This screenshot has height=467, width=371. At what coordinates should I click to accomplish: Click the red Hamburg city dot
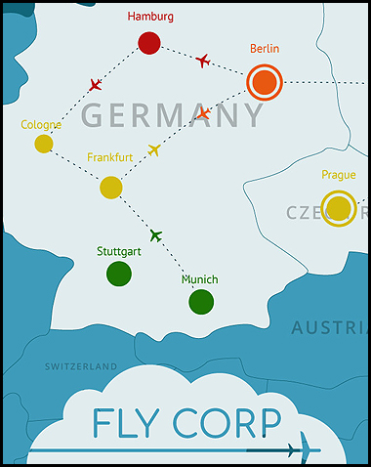tap(148, 43)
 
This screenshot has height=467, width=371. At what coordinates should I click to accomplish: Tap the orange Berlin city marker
tap(264, 82)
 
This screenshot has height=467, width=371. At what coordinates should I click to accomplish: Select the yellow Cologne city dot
tap(44, 144)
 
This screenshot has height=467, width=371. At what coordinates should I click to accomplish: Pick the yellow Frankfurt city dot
tap(111, 187)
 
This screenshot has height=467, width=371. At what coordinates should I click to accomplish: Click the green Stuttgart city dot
tap(119, 273)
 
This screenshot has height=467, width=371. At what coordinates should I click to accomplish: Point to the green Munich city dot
tap(201, 302)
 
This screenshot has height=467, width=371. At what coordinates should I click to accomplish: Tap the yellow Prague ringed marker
tap(339, 208)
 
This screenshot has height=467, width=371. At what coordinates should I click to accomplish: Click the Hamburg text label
tap(150, 17)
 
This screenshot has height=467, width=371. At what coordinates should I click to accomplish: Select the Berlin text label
tap(264, 48)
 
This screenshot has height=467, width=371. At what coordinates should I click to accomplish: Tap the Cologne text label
tap(41, 125)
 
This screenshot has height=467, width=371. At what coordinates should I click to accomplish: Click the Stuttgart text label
tap(119, 251)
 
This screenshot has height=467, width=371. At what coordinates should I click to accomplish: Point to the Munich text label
tap(199, 279)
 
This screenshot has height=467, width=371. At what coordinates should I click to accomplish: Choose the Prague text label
tap(338, 176)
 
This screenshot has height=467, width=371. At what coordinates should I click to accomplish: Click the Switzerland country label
tap(81, 366)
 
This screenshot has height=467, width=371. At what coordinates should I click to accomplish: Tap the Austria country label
tap(329, 328)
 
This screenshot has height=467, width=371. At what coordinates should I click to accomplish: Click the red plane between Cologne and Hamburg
tap(95, 85)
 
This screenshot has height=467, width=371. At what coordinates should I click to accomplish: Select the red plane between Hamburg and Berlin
tap(202, 61)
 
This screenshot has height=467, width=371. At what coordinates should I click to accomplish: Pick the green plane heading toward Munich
tap(155, 234)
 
